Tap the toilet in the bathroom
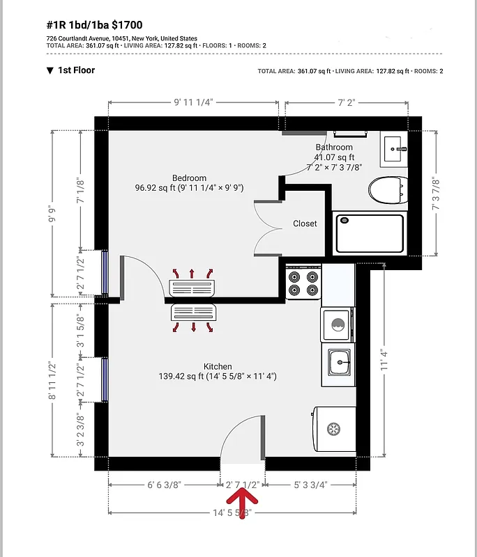387,189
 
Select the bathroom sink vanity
395,149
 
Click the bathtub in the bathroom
370,234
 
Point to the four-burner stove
303,282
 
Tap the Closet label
305,223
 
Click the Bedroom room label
190,178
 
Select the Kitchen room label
218,367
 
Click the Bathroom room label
334,148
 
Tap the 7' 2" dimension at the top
346,102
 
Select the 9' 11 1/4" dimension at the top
193,102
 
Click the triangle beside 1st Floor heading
50,70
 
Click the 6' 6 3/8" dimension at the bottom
164,485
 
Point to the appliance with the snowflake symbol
334,427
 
